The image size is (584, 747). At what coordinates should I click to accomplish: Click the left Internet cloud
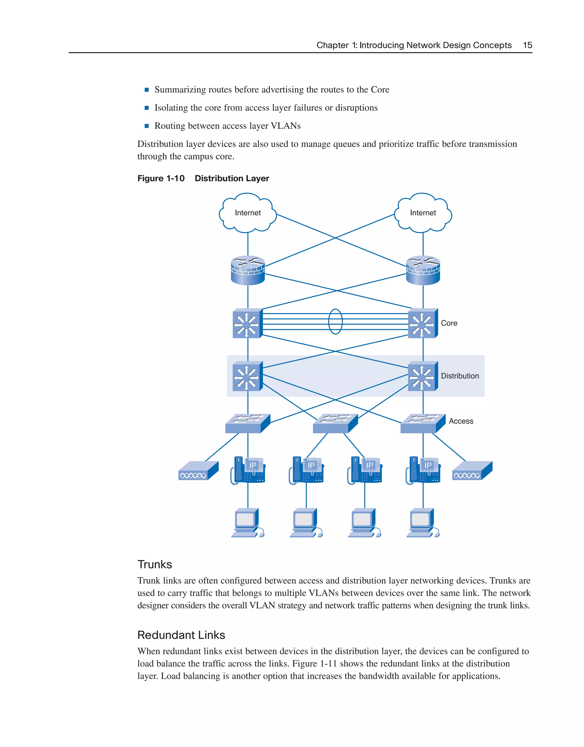tap(248, 213)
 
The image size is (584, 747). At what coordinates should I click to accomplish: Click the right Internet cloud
tap(423, 213)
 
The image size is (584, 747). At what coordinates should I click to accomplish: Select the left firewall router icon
tap(248, 270)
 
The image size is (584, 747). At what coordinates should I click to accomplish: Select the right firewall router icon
tap(423, 270)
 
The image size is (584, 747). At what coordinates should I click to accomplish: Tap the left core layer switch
tap(247, 323)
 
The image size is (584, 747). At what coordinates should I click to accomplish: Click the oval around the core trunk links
tap(335, 322)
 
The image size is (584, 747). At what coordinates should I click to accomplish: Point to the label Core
tap(449, 323)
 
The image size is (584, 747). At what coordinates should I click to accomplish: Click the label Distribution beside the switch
tap(460, 376)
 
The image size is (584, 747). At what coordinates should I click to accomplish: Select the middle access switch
tap(335, 423)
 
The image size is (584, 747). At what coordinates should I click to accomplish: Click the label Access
tap(461, 421)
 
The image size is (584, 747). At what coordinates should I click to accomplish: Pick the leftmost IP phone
tap(248, 470)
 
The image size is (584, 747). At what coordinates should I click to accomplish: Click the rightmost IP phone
tap(423, 470)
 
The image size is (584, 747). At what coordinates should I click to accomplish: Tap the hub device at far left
tap(198, 471)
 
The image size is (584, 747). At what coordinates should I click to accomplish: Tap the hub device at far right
tap(472, 471)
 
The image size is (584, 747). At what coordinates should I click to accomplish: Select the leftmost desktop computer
tap(247, 523)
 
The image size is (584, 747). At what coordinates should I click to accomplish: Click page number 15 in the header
tap(527, 45)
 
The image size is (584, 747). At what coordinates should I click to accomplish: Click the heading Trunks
tap(155, 564)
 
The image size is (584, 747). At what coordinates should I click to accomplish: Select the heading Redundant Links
tap(181, 635)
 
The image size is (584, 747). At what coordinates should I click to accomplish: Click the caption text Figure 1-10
tap(161, 178)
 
